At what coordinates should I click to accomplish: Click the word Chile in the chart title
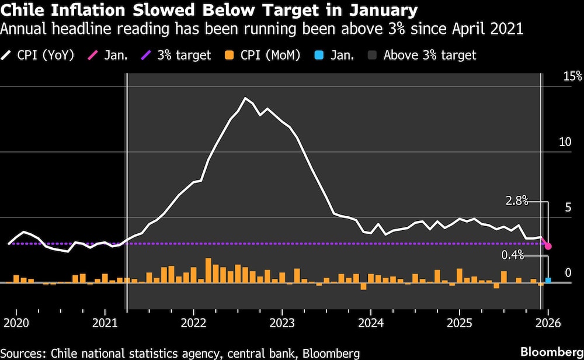click(25, 10)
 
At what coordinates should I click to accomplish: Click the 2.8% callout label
click(517, 202)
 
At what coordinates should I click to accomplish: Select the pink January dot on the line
click(548, 247)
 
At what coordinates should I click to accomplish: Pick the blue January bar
click(548, 281)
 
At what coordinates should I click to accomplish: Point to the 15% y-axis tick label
click(572, 76)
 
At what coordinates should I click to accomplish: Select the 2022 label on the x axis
click(193, 323)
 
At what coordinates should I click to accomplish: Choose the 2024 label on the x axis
click(370, 323)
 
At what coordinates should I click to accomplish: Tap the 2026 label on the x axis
click(548, 323)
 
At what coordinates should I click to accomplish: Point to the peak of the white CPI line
click(245, 98)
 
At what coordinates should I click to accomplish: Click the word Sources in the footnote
click(24, 353)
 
